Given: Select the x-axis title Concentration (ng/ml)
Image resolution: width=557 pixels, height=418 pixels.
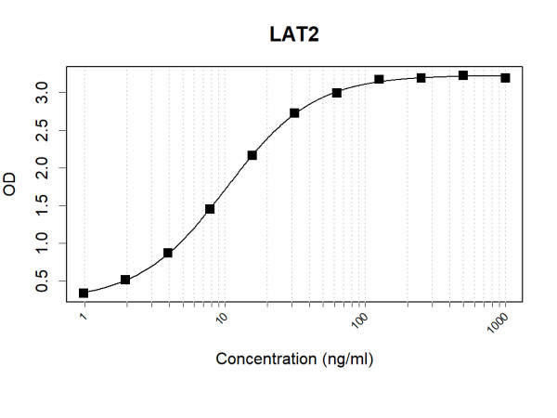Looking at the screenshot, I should pyautogui.click(x=294, y=359).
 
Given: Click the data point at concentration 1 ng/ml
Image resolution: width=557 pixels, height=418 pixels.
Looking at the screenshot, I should pyautogui.click(x=84, y=293).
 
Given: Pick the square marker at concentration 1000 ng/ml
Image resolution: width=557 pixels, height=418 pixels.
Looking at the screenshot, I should pyautogui.click(x=505, y=77).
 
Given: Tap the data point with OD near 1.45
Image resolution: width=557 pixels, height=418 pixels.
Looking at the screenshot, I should pyautogui.click(x=210, y=209).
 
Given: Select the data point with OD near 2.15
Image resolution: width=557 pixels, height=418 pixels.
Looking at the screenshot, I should pyautogui.click(x=252, y=155).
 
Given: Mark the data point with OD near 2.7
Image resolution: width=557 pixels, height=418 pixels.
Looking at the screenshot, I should pyautogui.click(x=294, y=113).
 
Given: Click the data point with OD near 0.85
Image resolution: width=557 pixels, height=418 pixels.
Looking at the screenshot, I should pyautogui.click(x=168, y=253).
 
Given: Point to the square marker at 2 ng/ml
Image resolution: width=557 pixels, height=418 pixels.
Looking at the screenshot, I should pyautogui.click(x=126, y=280).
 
